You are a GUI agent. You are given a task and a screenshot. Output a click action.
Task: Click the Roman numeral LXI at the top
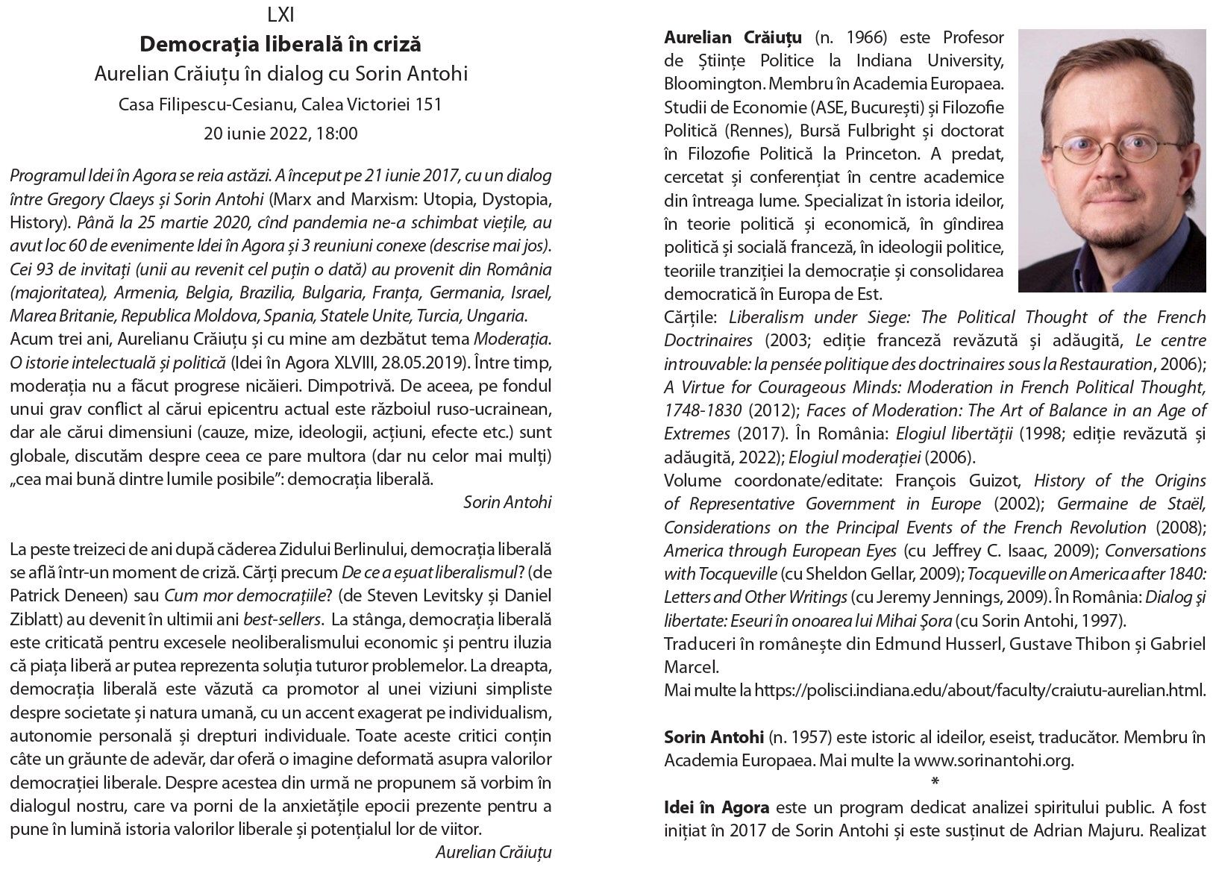click(280, 14)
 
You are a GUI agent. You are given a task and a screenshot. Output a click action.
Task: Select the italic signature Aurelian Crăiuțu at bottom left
click(493, 851)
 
